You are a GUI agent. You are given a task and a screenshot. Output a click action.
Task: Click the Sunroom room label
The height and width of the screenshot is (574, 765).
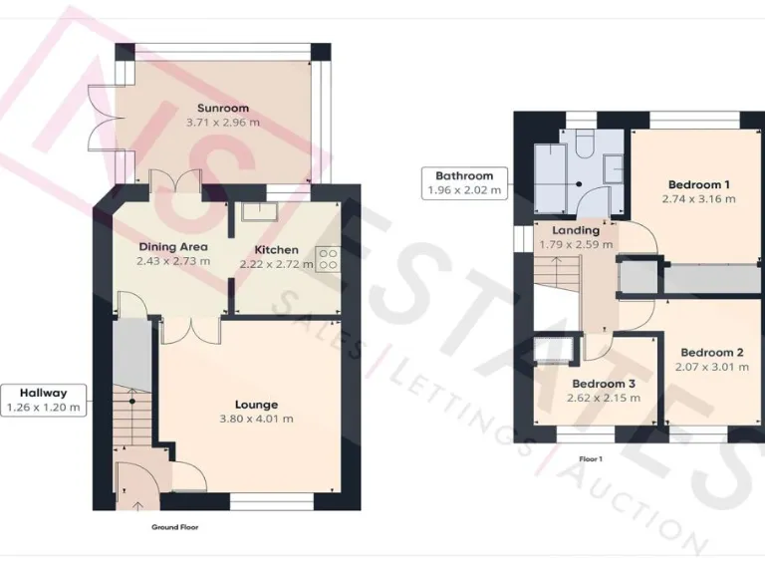coord(223,108)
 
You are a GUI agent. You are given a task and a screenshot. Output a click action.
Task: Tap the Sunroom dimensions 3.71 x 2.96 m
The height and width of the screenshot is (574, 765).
coord(223,123)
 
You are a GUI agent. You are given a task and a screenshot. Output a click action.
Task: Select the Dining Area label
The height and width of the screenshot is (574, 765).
coord(172,246)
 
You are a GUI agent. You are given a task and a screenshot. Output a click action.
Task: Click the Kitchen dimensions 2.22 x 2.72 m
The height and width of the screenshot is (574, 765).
coord(276,264)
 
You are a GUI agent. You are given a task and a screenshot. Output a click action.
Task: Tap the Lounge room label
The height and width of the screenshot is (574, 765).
coord(256,404)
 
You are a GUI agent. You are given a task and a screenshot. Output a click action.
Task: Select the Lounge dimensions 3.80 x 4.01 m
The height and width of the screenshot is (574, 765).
coord(256,419)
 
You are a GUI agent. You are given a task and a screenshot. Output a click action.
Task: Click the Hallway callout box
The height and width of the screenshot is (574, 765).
coord(42,400)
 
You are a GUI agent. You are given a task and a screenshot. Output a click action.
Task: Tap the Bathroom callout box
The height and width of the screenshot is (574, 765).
coord(464,182)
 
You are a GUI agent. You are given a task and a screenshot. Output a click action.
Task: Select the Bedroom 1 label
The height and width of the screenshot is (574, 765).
coord(698,184)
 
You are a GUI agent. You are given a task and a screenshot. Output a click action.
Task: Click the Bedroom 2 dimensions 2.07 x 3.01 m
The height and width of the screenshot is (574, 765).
coord(711,367)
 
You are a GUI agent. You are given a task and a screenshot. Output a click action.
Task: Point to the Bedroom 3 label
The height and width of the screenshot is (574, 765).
coord(604,384)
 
